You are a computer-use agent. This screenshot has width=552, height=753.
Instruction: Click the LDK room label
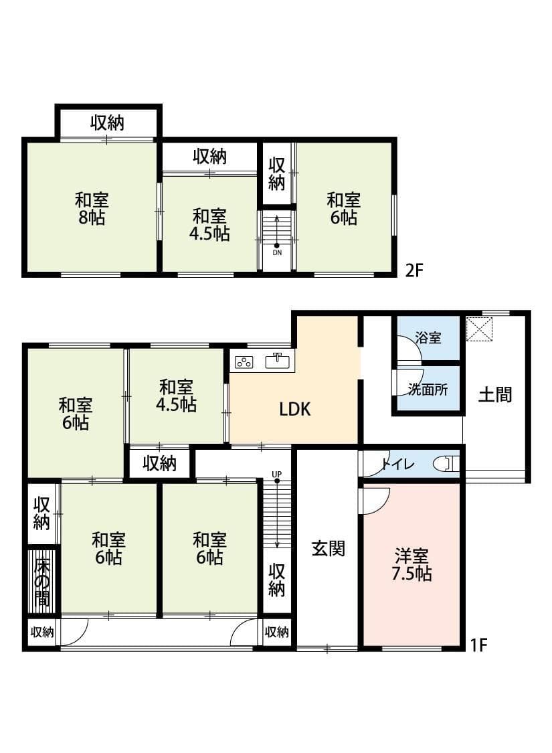point(295,410)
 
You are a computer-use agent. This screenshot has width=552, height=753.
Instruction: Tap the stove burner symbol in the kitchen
point(244,362)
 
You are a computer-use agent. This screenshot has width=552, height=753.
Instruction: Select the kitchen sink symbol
point(279,361)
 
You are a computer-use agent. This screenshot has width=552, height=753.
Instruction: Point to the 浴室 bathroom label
point(428,337)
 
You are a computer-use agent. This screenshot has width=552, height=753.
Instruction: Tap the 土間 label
point(495,394)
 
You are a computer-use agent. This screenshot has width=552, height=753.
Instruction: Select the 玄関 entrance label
point(328,549)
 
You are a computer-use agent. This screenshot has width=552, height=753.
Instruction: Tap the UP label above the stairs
point(276,475)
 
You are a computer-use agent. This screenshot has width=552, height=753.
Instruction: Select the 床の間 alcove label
point(42,580)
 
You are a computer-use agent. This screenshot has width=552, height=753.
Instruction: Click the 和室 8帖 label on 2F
point(92,208)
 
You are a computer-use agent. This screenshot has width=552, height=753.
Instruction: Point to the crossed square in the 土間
point(480,329)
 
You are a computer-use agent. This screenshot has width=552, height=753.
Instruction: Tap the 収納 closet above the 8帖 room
point(108,123)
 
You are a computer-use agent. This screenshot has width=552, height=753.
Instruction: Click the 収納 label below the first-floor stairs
point(277,580)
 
